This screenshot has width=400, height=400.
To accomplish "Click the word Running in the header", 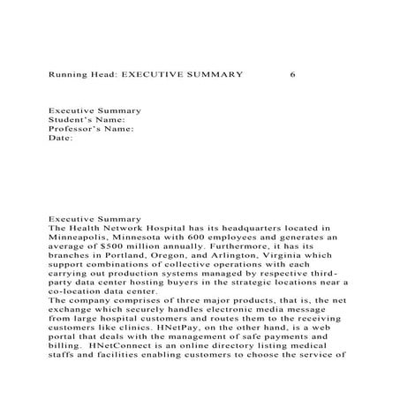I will point(67,74).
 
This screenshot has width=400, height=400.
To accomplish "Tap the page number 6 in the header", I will point(292,74).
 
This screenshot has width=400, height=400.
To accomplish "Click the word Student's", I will point(68,120).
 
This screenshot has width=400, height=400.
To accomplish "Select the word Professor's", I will point(73,129).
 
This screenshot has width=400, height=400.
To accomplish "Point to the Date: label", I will point(59,139).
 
